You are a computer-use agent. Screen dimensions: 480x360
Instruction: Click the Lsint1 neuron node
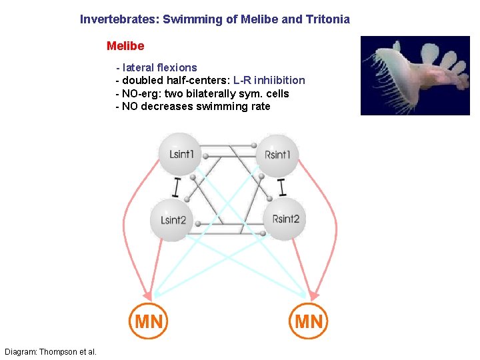click(x=181, y=154)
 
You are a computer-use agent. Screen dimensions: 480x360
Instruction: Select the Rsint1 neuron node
click(x=277, y=154)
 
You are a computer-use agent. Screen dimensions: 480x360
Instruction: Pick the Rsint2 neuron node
click(x=286, y=219)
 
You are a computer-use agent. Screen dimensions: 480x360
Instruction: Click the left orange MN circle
click(x=149, y=322)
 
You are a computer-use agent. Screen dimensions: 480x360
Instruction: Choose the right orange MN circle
click(x=309, y=322)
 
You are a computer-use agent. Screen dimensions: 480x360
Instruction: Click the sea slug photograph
click(x=415, y=75)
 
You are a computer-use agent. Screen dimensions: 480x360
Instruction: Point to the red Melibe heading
click(x=125, y=47)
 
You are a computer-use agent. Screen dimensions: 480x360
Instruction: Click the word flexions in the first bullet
click(x=176, y=67)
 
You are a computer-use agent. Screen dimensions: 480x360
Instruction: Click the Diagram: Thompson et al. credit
click(x=51, y=351)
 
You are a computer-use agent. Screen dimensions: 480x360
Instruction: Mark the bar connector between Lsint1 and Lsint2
click(x=176, y=187)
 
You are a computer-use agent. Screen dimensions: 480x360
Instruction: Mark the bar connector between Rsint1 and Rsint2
click(x=282, y=187)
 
